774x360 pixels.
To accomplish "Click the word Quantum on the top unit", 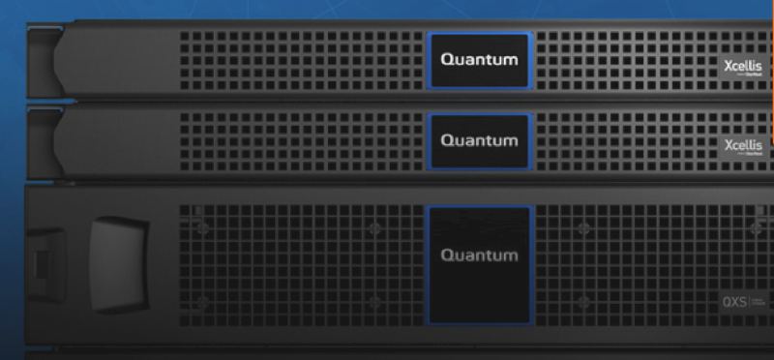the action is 479,59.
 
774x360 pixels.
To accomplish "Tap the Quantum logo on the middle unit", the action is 479,140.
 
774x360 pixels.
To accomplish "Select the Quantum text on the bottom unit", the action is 479,256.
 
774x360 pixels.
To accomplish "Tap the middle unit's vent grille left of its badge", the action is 300,141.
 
